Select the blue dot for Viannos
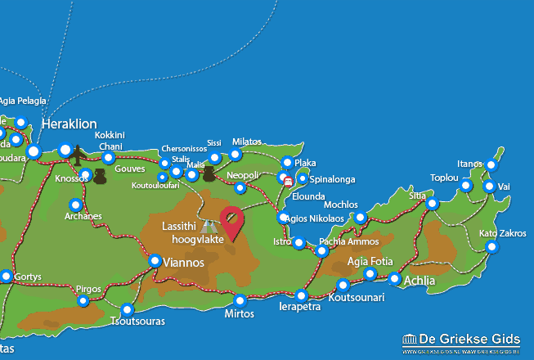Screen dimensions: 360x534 point(155,261)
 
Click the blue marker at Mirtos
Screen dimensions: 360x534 point(240,300)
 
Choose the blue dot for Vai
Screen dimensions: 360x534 point(489,187)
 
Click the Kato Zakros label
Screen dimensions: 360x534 point(503,233)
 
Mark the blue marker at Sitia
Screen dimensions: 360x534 point(433,203)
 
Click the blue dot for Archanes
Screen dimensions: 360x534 point(76,205)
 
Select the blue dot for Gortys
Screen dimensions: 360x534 point(7,277)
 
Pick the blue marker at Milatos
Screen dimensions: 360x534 point(236,154)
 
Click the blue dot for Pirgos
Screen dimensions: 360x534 point(83,301)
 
